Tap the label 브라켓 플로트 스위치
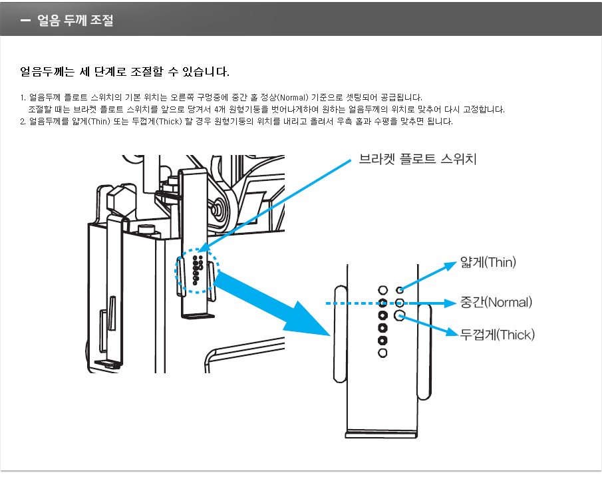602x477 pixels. coord(417,159)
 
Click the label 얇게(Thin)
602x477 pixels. coord(488,262)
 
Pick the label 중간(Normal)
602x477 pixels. coord(496,303)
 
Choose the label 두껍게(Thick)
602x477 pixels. coord(498,335)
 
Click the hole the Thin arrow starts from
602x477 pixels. coord(400,290)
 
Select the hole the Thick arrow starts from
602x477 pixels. coord(400,315)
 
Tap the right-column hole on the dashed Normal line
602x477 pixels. coord(400,303)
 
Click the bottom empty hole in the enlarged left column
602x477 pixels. coord(382,353)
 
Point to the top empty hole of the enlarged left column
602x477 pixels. coord(382,290)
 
